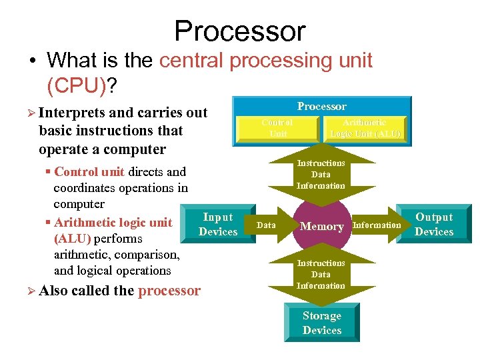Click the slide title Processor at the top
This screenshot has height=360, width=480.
[239, 31]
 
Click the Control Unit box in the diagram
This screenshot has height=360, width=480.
[277, 128]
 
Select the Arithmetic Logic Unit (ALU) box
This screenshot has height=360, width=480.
[365, 128]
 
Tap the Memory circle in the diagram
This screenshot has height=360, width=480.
[321, 226]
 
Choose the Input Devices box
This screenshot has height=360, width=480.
[218, 225]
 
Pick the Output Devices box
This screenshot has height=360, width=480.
[434, 225]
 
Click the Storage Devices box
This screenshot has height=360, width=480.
[321, 323]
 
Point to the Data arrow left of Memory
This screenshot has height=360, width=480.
[266, 225]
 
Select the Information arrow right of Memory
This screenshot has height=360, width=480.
[377, 225]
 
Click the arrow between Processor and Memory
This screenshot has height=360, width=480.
[321, 174]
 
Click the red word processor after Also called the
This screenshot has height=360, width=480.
[169, 291]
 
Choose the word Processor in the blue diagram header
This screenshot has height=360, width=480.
[321, 107]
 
